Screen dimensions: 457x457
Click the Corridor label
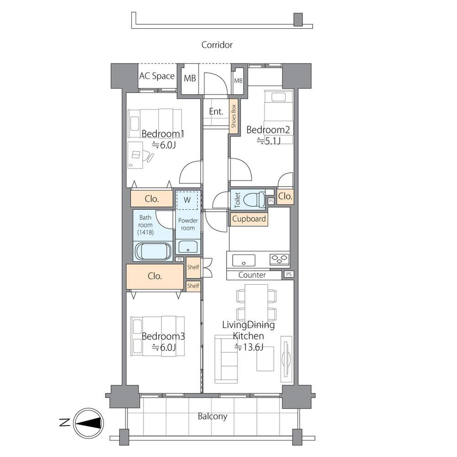[217, 45]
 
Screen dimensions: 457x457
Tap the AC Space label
[157, 76]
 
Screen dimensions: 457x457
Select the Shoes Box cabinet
[234, 116]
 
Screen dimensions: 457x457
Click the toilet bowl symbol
[254, 199]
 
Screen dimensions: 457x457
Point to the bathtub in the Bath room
[153, 251]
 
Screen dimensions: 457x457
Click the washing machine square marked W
[187, 200]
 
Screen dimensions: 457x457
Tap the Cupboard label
[249, 219]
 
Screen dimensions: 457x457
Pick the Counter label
[252, 275]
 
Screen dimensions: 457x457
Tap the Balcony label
[213, 416]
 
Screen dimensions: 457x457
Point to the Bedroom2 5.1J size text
[268, 141]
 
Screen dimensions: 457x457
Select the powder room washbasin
[188, 247]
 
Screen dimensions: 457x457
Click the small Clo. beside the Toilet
[285, 197]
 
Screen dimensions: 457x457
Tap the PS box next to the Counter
[288, 274]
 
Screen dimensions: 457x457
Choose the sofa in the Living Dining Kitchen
[226, 359]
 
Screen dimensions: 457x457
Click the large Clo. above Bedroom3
[155, 276]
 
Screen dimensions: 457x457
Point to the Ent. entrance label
[216, 112]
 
